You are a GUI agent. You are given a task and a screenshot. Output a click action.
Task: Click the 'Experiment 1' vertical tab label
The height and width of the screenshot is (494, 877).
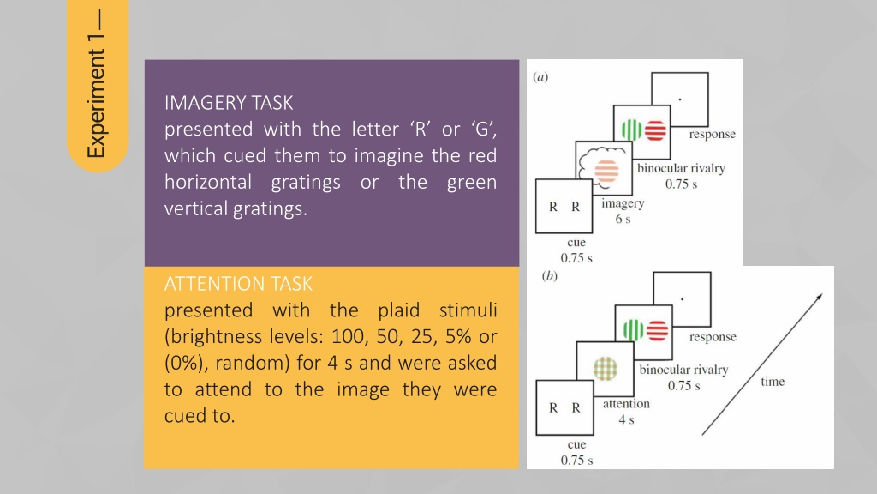pos(96,84)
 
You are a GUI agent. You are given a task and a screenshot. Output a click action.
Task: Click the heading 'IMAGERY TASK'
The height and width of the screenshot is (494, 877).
pos(228,103)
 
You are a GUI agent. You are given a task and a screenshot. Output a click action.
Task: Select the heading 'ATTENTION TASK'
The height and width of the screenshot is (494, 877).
pos(238,284)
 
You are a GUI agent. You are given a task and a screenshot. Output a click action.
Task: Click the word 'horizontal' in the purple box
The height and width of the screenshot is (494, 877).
pos(208,182)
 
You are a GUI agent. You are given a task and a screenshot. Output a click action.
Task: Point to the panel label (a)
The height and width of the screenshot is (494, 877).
pos(540,76)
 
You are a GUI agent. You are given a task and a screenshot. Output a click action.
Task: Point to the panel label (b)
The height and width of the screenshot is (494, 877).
pos(550,275)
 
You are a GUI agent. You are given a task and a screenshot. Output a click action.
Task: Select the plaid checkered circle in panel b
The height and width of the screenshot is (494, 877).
pos(606,369)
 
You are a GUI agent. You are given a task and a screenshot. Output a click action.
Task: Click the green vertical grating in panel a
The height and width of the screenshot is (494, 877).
pos(631,130)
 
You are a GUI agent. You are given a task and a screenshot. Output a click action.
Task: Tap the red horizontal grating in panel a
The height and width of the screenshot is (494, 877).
pos(655,130)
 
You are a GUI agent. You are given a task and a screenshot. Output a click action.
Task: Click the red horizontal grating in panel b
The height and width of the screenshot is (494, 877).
pos(657,330)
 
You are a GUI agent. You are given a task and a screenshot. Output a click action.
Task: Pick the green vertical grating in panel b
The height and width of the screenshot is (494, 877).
pos(633,330)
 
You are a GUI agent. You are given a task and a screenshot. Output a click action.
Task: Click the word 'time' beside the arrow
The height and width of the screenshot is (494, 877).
pos(773,382)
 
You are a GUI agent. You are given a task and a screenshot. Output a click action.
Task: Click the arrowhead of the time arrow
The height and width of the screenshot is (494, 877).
pos(820,297)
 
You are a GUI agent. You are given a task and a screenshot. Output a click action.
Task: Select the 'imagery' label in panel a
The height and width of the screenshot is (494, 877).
pos(623,203)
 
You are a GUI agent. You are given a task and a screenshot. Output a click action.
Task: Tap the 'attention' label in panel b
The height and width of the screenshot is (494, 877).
pos(626,404)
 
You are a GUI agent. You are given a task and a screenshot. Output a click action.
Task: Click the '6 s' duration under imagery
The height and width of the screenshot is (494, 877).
pos(623,219)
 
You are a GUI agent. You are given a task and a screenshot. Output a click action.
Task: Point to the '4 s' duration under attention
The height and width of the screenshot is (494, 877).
pos(626,419)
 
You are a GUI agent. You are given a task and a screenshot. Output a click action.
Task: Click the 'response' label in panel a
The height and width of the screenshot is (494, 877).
pos(712,135)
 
